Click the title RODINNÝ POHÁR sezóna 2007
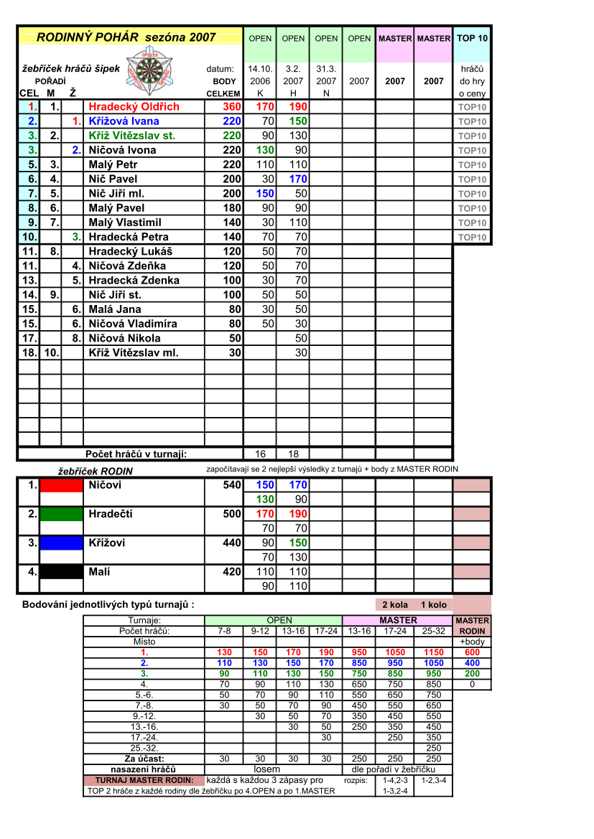[126, 37]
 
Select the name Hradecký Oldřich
[134, 107]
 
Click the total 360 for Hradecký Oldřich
[231, 107]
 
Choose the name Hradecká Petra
[129, 237]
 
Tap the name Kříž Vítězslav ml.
[133, 352]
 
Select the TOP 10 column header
[472, 38]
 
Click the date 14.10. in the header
[260, 70]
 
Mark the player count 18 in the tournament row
[293, 454]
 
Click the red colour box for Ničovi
[61, 485]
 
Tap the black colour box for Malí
[61, 572]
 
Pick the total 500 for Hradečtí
[231, 514]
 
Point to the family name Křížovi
[106, 543]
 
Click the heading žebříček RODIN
[95, 472]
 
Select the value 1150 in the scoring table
[434, 652]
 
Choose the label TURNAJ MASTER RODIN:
[144, 780]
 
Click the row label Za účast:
[144, 759]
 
